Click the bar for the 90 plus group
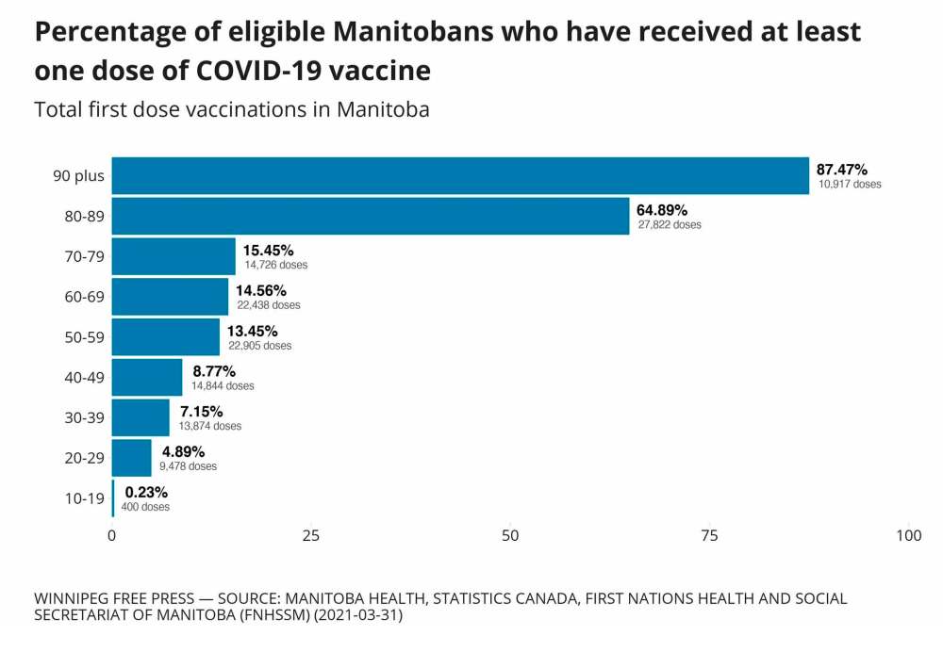[460, 176]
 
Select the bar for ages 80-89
[371, 216]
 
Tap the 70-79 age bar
[174, 256]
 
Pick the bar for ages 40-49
[147, 378]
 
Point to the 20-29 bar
[131, 458]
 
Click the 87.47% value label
[842, 169]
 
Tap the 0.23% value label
[146, 492]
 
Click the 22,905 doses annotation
[259, 346]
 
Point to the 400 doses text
[145, 507]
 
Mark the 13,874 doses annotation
[209, 426]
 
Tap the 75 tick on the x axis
[709, 535]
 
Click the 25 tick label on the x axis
[311, 535]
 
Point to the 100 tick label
[908, 535]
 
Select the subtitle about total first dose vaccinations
[232, 109]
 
